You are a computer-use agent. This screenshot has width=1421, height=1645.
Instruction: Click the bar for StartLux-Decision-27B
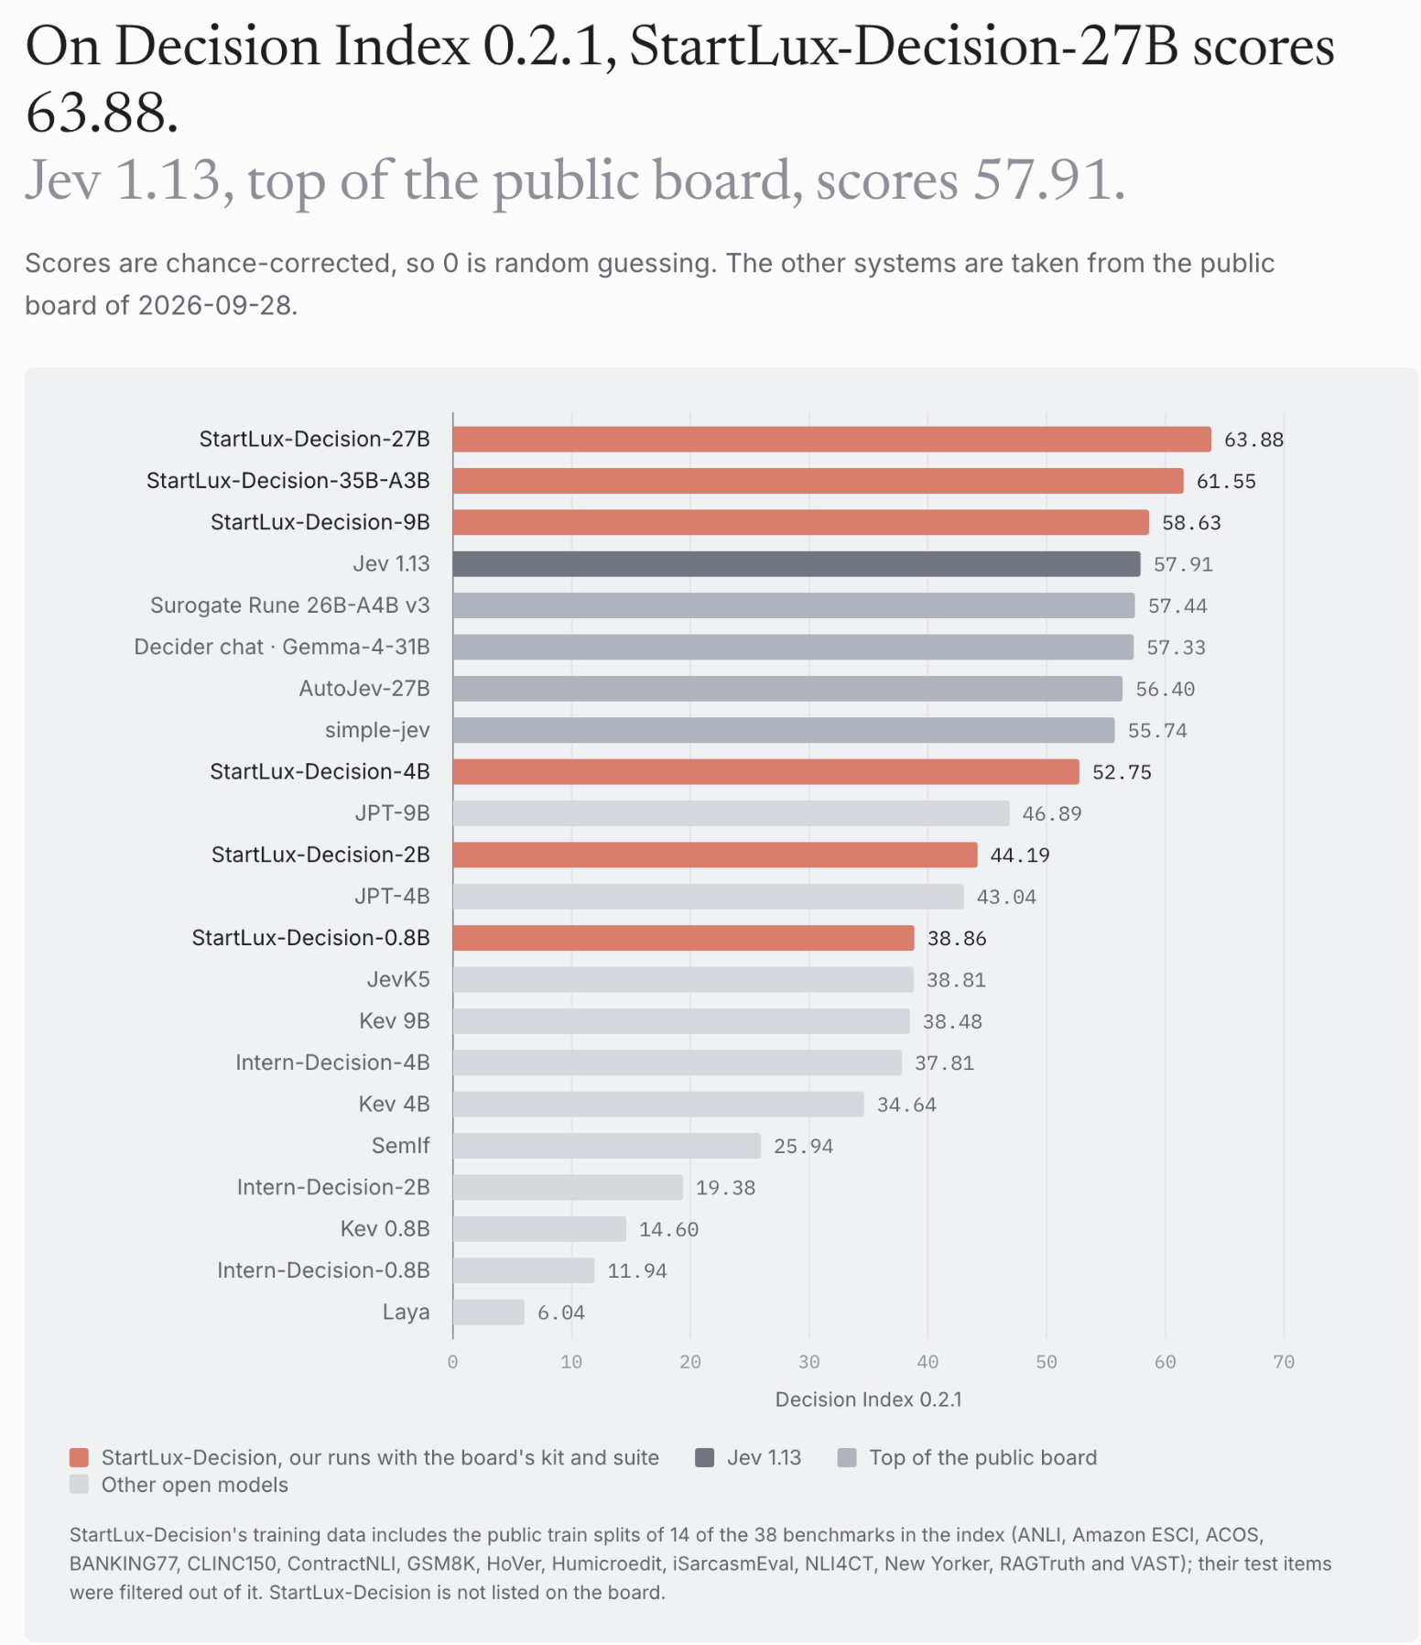(831, 440)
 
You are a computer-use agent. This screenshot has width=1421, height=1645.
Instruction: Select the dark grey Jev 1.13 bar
(797, 564)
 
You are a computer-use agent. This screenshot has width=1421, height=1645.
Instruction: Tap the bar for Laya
(489, 1312)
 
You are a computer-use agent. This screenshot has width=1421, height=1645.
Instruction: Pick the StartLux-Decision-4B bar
(766, 772)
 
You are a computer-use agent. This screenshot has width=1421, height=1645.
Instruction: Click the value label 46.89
(1052, 813)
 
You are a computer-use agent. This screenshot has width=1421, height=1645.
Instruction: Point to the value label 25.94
(803, 1146)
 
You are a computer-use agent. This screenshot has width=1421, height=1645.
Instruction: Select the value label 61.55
(1226, 481)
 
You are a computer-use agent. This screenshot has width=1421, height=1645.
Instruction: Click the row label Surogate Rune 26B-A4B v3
(290, 605)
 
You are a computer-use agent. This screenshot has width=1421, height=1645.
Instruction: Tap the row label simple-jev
(377, 730)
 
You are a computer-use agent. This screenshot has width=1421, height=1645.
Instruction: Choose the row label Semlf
(401, 1146)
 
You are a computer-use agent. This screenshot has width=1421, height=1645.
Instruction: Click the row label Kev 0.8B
(385, 1228)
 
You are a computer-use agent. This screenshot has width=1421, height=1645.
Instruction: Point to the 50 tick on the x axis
(1047, 1362)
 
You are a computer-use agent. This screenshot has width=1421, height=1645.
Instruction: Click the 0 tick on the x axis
(453, 1362)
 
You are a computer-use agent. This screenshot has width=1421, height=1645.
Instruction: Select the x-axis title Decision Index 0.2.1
(869, 1400)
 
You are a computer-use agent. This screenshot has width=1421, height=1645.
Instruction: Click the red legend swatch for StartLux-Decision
(80, 1457)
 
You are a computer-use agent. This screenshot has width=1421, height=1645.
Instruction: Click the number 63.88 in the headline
(102, 113)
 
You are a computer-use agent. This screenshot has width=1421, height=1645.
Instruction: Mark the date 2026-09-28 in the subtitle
(215, 305)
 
